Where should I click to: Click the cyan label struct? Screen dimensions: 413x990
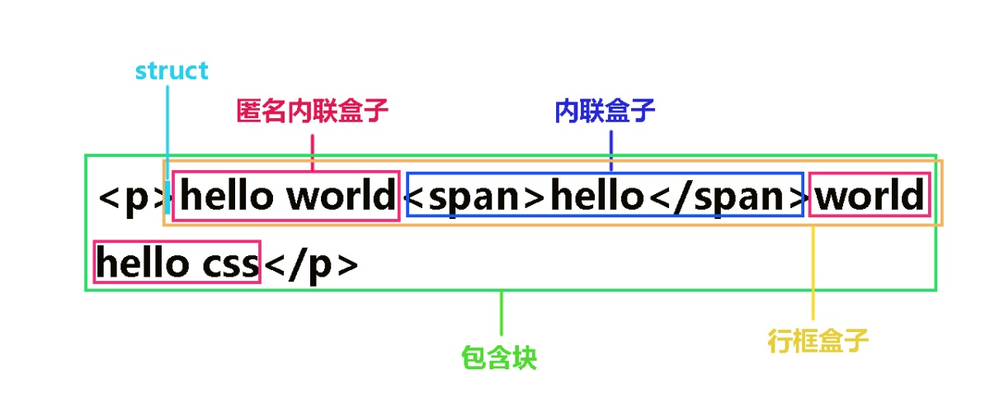tap(172, 71)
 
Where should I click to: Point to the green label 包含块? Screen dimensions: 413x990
tap(499, 358)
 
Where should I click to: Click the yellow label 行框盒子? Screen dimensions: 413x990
tap(818, 340)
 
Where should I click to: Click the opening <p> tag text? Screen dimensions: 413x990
tap(132, 198)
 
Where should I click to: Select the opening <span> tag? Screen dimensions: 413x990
tap(477, 197)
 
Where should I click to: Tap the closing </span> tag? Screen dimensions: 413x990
tap(726, 197)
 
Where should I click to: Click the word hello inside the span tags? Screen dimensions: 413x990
tap(596, 197)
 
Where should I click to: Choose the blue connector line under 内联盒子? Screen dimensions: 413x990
tap(610, 151)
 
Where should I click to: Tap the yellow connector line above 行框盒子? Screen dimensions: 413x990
tap(813, 273)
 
